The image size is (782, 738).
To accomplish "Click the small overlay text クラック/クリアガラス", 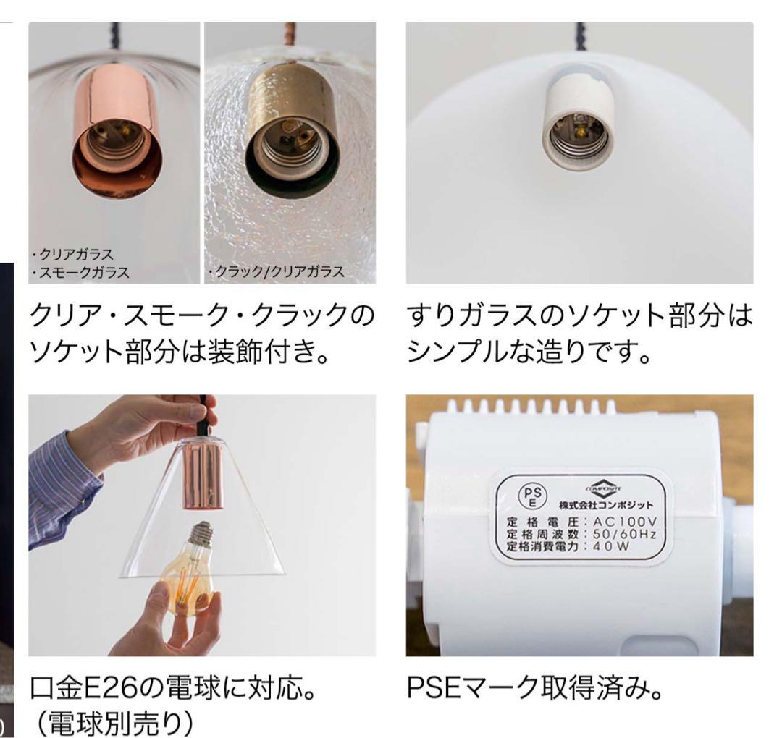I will pyautogui.click(x=276, y=272).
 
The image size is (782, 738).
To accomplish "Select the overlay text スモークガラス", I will pyautogui.click(x=80, y=272).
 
